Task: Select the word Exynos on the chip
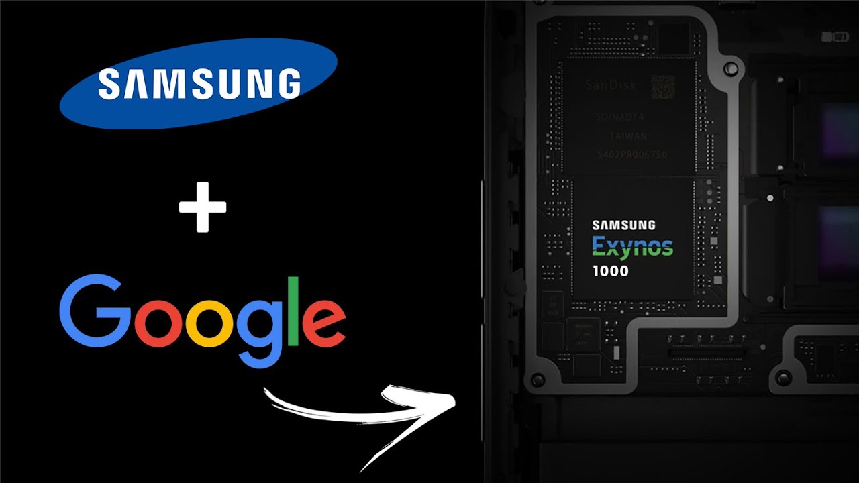[x=632, y=248]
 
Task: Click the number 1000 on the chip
[x=611, y=272]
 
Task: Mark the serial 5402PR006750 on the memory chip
[x=631, y=155]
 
